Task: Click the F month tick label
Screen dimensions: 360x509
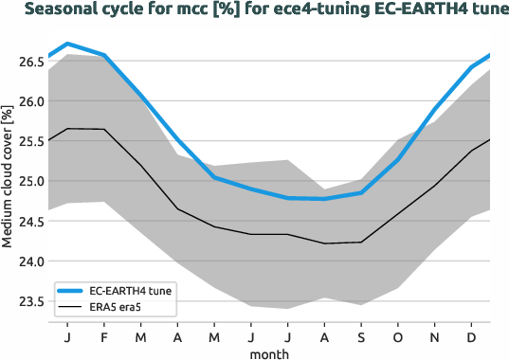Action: (x=104, y=336)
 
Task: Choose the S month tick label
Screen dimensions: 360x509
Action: (x=362, y=336)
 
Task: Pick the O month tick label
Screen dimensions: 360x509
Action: (x=398, y=336)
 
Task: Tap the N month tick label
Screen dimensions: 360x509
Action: (x=435, y=336)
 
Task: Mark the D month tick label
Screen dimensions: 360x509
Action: (x=472, y=336)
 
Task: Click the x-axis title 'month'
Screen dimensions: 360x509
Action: (x=269, y=352)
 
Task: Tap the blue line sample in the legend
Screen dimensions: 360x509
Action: (x=71, y=291)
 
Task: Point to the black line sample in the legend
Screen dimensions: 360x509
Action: (x=71, y=307)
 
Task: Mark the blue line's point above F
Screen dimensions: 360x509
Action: (x=104, y=55)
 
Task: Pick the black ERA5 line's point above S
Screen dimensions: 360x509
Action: (x=362, y=242)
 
